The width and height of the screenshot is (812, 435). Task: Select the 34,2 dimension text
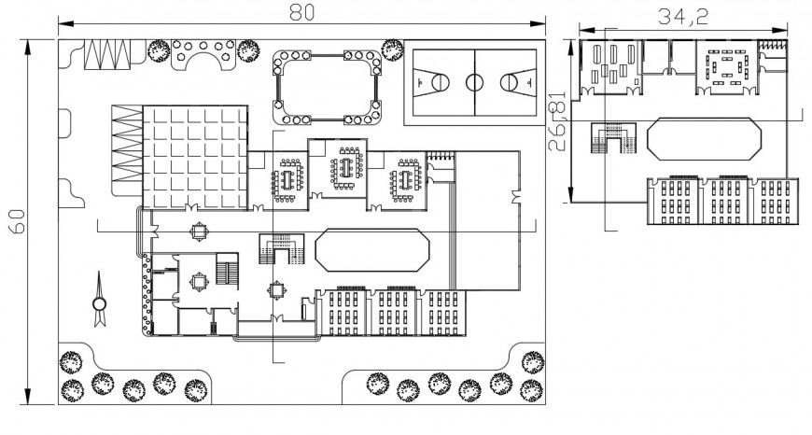coord(682,15)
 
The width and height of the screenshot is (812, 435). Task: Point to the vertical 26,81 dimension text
coord(558,122)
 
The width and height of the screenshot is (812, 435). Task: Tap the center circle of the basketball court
coord(473,82)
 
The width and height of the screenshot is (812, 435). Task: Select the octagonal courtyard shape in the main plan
coord(372,249)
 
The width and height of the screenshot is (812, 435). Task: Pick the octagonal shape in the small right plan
coord(706,138)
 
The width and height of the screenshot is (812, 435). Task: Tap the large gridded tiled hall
coord(195,155)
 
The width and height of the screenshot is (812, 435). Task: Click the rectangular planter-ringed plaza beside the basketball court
coord(326,89)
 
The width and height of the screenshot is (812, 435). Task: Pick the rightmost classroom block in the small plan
coord(775,200)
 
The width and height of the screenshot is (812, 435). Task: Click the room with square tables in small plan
coord(728,67)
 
